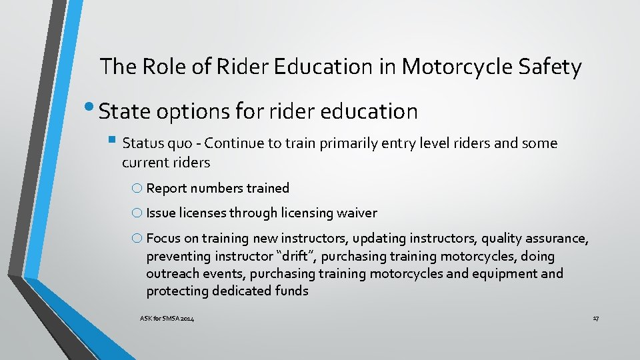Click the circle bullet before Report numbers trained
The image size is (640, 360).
point(137,188)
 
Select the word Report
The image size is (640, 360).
point(167,188)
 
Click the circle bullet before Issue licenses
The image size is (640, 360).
point(137,213)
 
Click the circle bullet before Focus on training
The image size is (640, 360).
point(137,238)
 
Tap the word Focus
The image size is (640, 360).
point(163,238)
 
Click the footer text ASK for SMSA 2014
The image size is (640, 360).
point(167,319)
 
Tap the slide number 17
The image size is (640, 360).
point(595,319)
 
